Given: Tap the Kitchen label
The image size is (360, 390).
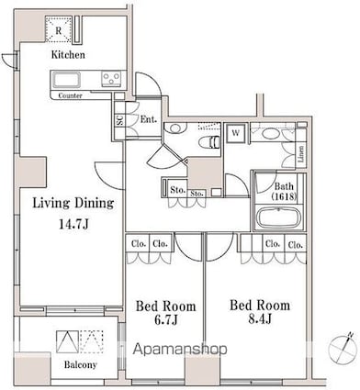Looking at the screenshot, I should pyautogui.click(x=67, y=55).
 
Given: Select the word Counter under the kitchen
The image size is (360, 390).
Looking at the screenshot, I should pyautogui.click(x=69, y=95).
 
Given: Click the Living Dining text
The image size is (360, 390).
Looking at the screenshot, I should pyautogui.click(x=73, y=203).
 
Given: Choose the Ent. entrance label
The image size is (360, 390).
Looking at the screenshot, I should pyautogui.click(x=149, y=119).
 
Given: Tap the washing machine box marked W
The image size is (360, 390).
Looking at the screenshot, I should pyautogui.click(x=235, y=132).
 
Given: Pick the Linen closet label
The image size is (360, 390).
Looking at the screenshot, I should pyautogui.click(x=302, y=154).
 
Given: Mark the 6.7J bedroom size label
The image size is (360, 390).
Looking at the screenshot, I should pyautogui.click(x=163, y=321).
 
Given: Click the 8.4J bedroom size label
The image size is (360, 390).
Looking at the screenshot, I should pyautogui.click(x=260, y=321).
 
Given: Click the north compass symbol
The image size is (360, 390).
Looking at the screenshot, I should pyautogui.click(x=342, y=347).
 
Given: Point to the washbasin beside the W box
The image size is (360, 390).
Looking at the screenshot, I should pyautogui.click(x=269, y=135).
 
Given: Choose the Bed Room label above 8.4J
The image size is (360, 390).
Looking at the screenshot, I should pyautogui.click(x=260, y=305).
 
